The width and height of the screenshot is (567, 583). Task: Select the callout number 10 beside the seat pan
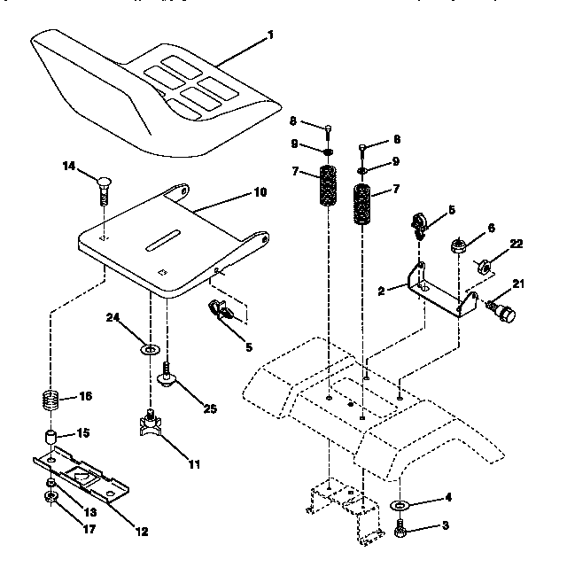(260, 191)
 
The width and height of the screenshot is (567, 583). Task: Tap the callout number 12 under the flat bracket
(142, 532)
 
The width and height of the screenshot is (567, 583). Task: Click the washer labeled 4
(399, 505)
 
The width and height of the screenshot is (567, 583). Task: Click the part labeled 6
(460, 244)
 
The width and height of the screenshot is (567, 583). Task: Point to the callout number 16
(86, 396)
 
